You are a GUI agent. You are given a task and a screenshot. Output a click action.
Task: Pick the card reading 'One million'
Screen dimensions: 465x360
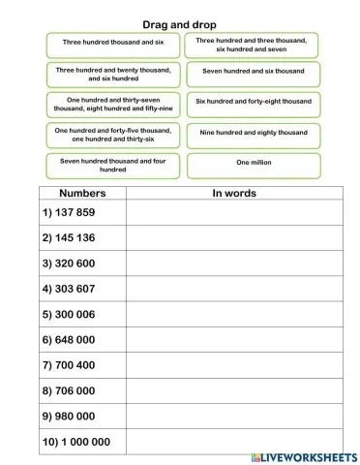pyautogui.click(x=252, y=165)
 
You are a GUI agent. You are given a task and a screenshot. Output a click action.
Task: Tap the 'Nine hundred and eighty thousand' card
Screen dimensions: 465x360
pyautogui.click(x=252, y=133)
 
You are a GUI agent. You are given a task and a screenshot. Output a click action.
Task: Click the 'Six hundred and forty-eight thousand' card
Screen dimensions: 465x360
pyautogui.click(x=252, y=102)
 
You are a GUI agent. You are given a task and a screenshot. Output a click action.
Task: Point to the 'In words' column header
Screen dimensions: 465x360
pyautogui.click(x=233, y=193)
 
